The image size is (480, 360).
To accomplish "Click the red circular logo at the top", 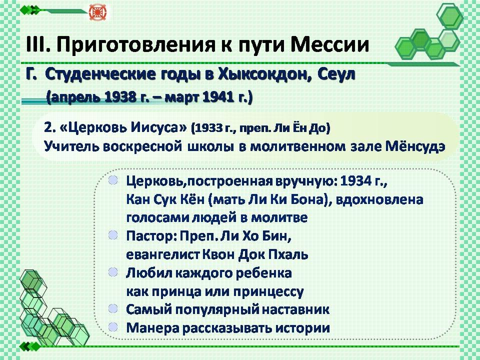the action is pos(96,12).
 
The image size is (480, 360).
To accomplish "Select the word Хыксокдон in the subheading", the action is pos(264,74).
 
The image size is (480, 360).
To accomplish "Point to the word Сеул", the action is pos(336,74).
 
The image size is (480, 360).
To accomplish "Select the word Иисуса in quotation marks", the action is pos(155,127).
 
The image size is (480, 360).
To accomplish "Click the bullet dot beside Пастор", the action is pos(113,235).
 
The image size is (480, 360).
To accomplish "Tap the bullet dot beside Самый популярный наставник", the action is pos(113,308).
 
